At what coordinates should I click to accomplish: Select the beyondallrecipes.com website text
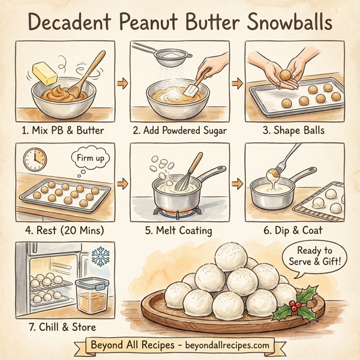point(220,347)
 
